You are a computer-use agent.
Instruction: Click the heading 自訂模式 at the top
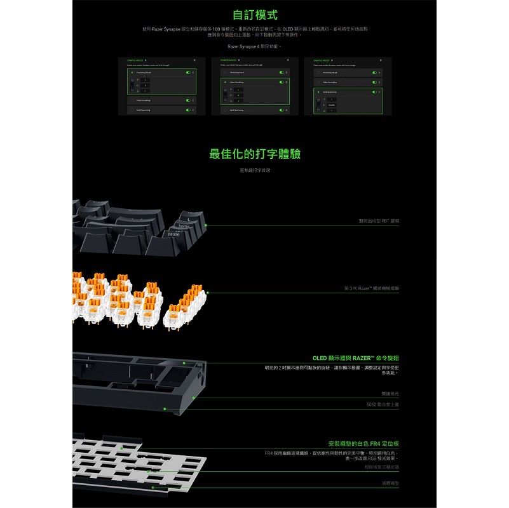pyautogui.click(x=255, y=15)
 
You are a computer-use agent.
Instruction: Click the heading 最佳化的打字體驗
pyautogui.click(x=255, y=154)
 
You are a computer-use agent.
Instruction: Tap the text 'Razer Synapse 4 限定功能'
pyautogui.click(x=254, y=46)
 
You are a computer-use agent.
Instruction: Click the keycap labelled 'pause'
pyautogui.click(x=173, y=234)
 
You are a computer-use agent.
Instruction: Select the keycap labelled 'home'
pyautogui.click(x=184, y=226)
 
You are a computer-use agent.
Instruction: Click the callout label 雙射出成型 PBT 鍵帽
pyautogui.click(x=379, y=220)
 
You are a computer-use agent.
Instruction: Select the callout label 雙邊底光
pyautogui.click(x=390, y=394)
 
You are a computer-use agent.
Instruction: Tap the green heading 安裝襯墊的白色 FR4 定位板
pyautogui.click(x=363, y=443)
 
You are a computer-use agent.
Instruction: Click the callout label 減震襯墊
pyautogui.click(x=391, y=483)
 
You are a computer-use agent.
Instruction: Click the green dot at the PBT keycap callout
pyautogui.click(x=206, y=225)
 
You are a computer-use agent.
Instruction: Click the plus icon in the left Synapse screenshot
pyautogui.click(x=193, y=60)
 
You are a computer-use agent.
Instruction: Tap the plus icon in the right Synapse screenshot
pyautogui.click(x=380, y=60)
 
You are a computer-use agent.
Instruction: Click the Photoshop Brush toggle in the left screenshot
pyautogui.click(x=187, y=72)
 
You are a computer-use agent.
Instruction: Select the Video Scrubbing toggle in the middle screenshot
pyautogui.click(x=282, y=83)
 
